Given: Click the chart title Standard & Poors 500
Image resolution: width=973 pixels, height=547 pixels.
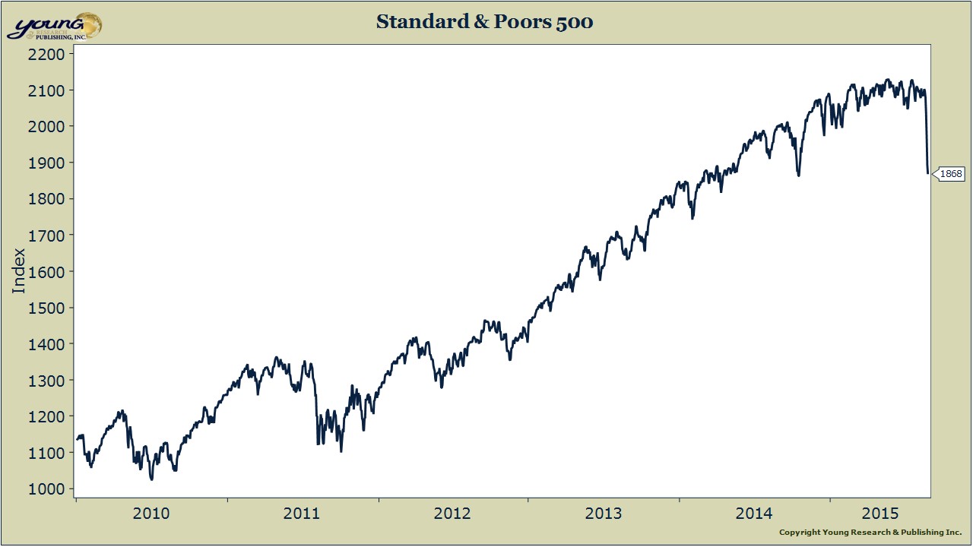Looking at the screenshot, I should tap(484, 22).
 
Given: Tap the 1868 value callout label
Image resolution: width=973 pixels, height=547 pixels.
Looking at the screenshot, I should tap(951, 174).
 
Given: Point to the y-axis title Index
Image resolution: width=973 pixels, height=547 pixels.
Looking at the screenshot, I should tap(19, 271).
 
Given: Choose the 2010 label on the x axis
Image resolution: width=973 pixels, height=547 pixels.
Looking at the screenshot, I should tap(151, 514).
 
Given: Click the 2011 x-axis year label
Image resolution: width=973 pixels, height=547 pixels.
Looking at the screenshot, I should tap(302, 514).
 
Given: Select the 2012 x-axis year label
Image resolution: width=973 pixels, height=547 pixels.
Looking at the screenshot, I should tap(452, 514).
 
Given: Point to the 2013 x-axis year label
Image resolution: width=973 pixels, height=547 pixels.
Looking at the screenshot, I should tap(603, 514).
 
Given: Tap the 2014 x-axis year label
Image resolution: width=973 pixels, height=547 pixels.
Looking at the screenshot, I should tap(754, 514).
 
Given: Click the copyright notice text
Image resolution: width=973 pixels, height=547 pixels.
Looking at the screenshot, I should tap(870, 533).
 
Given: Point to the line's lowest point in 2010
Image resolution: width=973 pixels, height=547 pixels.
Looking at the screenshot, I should tap(151, 479).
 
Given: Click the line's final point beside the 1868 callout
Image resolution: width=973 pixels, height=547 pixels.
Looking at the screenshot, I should tap(928, 173).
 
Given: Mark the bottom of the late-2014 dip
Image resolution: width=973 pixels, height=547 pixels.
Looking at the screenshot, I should tap(798, 175).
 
